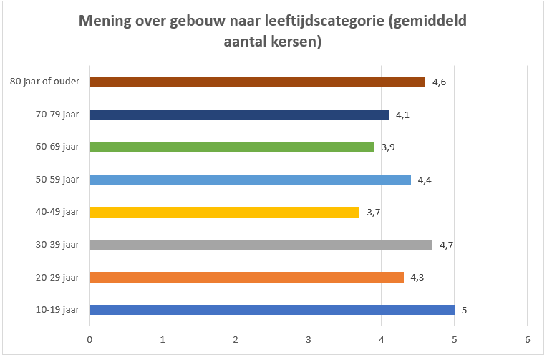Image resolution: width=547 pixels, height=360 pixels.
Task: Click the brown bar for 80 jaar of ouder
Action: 258,82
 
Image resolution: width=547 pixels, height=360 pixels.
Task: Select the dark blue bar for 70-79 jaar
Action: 239,115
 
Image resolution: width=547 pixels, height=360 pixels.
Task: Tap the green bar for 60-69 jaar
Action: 232,147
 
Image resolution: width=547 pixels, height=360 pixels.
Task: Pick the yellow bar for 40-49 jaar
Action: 225,212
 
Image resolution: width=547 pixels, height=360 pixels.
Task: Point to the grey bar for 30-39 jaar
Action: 261,245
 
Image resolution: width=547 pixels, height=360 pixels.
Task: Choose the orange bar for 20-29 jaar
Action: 246,277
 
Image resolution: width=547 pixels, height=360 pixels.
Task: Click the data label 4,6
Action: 439,82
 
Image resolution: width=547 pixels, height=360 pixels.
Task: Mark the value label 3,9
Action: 388,147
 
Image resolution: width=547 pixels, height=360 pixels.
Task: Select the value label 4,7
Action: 447,245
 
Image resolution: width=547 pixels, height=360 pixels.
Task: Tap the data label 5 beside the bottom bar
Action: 464,311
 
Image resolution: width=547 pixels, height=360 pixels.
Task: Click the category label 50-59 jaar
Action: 57,180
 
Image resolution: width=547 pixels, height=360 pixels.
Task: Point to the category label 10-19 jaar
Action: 57,310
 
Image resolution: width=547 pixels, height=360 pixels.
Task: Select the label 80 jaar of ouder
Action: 44,82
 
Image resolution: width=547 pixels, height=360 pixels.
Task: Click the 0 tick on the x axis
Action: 90,340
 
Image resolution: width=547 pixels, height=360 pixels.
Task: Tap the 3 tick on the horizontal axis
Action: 309,340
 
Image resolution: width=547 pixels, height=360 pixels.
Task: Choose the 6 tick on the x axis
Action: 528,340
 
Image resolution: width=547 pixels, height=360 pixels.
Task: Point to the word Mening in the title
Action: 105,21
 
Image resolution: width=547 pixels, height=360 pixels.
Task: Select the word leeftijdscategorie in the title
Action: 324,21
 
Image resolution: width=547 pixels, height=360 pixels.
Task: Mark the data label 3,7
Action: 373,213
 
